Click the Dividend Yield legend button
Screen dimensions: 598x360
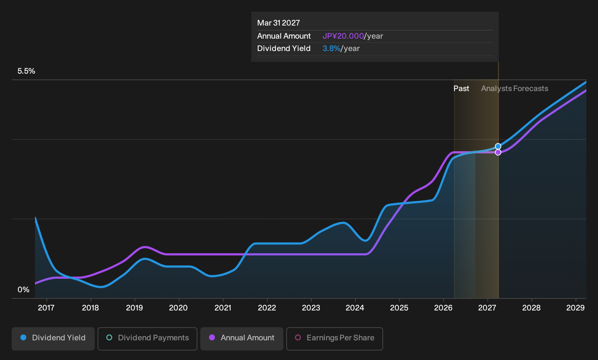coord(53,339)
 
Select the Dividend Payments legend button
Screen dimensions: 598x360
coord(147,339)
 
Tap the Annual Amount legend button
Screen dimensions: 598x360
coord(241,339)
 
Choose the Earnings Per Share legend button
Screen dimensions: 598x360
coord(334,339)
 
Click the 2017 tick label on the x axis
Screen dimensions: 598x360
coord(46,308)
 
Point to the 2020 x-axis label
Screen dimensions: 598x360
coord(178,308)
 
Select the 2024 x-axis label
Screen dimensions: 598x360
coord(355,308)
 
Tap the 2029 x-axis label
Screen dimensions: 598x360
coord(575,308)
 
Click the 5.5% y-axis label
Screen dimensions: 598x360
coord(26,71)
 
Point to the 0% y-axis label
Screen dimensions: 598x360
coord(24,290)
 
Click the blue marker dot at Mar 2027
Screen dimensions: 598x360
coord(498,146)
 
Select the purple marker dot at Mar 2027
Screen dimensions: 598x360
coord(498,152)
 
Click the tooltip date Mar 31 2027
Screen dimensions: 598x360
coord(279,23)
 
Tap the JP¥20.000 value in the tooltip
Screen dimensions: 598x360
coord(343,36)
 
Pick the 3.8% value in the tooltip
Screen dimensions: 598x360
coord(331,48)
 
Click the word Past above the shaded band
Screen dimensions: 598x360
coord(461,89)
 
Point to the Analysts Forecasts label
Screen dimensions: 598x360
coord(515,89)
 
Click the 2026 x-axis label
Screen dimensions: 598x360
coord(443,308)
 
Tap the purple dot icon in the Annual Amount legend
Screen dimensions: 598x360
coord(212,337)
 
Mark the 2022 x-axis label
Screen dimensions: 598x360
coord(267,308)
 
